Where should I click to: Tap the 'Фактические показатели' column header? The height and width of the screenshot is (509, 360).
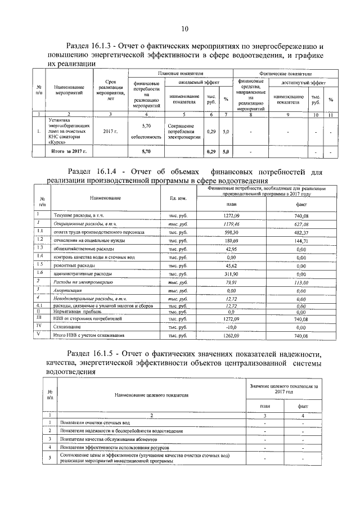286,74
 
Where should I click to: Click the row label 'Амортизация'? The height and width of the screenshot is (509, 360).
69,290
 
